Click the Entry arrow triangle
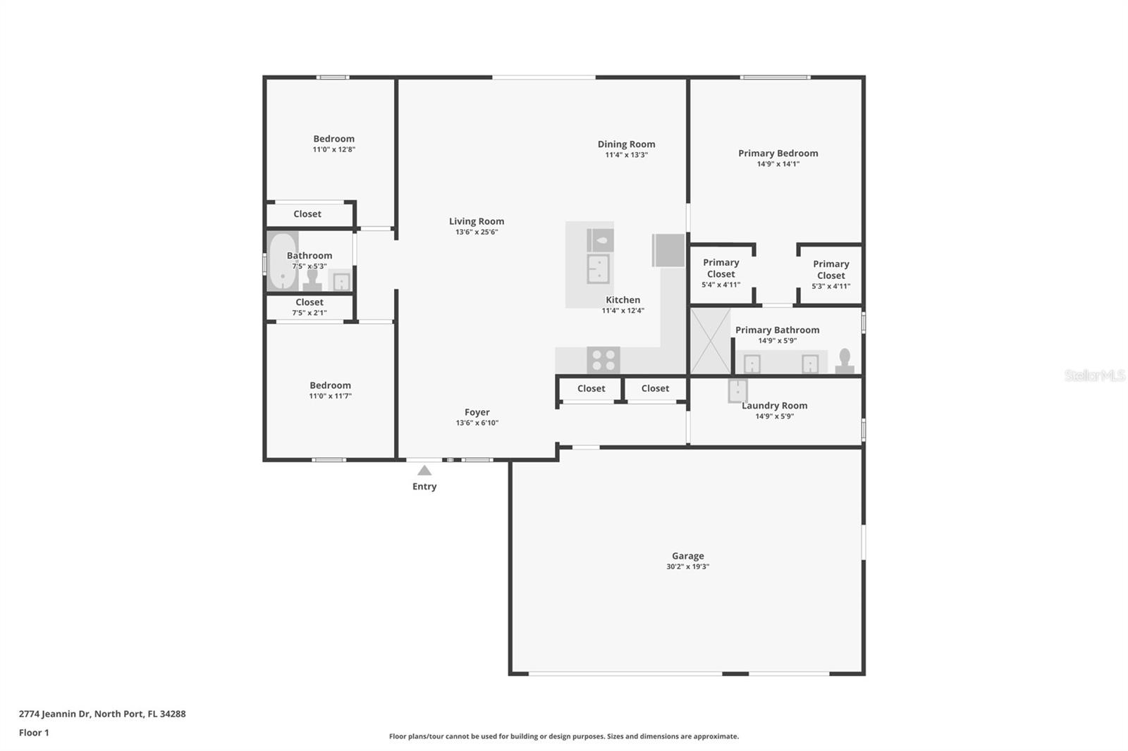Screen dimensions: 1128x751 (x=424, y=470)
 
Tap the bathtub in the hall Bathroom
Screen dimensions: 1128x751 (x=282, y=261)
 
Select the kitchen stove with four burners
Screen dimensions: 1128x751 (x=603, y=360)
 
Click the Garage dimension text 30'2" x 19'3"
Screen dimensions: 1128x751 (x=688, y=566)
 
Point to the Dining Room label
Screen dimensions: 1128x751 (x=627, y=144)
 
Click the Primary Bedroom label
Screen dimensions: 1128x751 (x=778, y=153)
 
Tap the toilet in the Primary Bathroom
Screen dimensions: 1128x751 (x=845, y=361)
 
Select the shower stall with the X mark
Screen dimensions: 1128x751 (x=710, y=341)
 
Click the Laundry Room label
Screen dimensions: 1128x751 (x=775, y=405)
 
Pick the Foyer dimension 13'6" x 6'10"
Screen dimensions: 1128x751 (x=477, y=423)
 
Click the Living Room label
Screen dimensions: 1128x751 (x=477, y=221)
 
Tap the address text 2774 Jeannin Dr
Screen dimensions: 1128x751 (x=55, y=714)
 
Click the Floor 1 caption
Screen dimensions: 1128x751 (x=35, y=733)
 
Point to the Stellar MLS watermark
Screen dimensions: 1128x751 (x=1094, y=375)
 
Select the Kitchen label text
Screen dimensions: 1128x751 (x=623, y=299)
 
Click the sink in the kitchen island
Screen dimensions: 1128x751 (x=599, y=269)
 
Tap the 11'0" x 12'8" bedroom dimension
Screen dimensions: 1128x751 (x=334, y=149)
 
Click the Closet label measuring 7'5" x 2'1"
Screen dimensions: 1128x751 (x=309, y=302)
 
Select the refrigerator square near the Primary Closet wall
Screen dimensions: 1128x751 (x=668, y=250)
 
